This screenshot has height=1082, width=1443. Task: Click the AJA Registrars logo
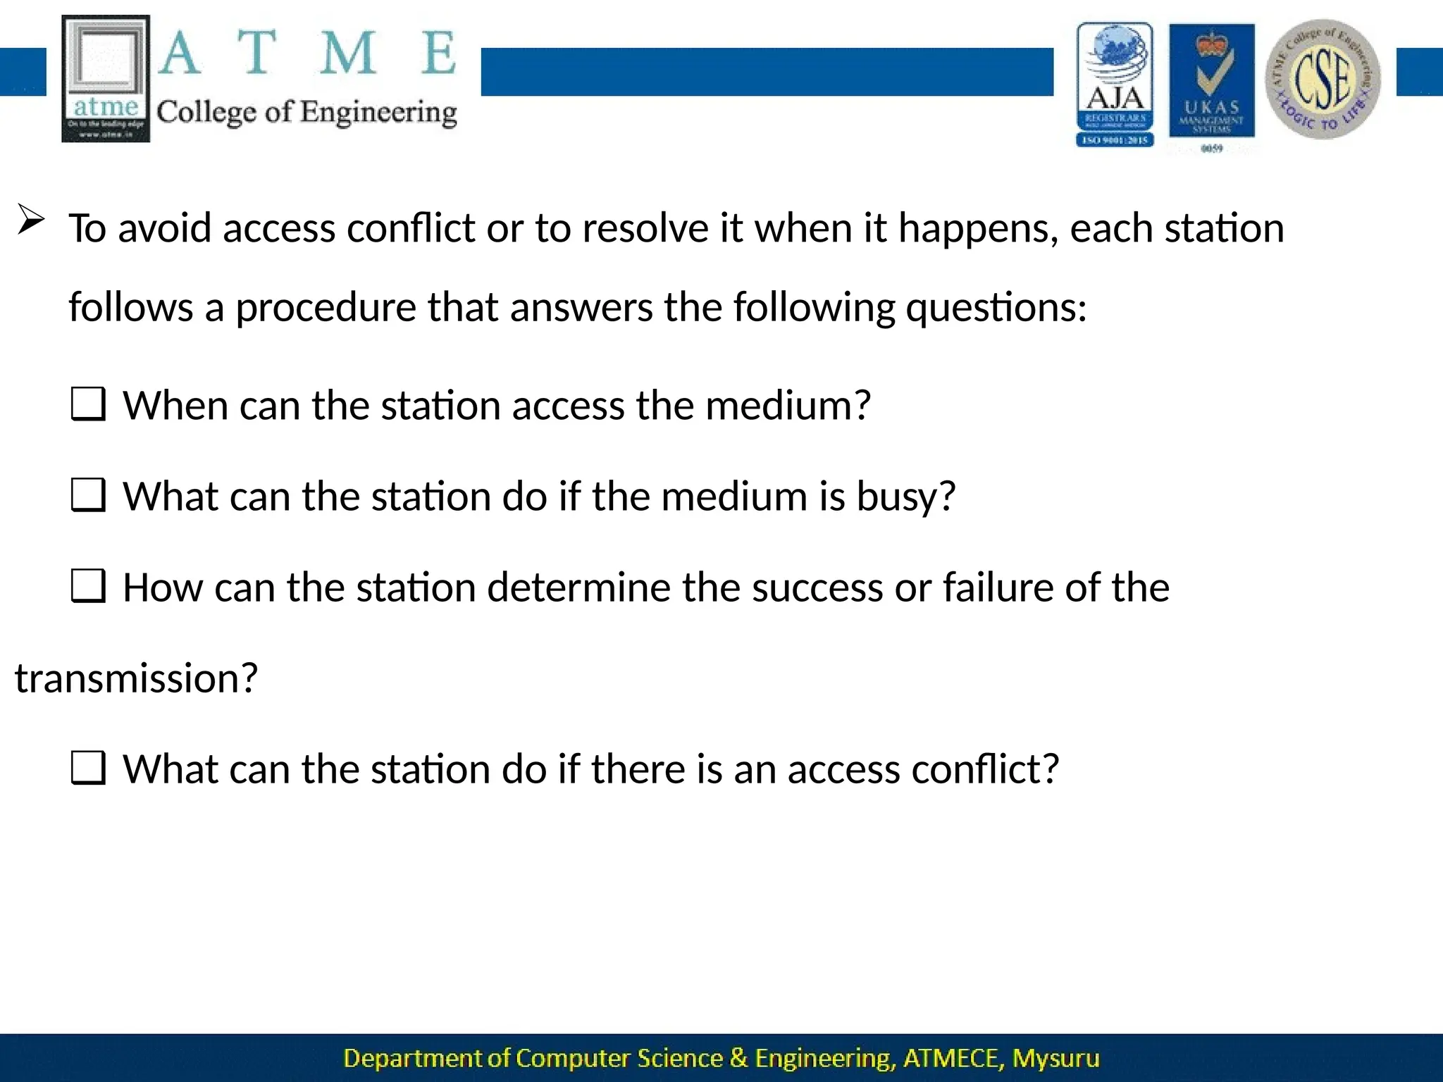point(1115,85)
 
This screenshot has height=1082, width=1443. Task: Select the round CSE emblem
point(1323,79)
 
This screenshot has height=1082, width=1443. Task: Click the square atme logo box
point(106,78)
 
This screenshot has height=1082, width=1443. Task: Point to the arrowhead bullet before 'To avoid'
point(31,220)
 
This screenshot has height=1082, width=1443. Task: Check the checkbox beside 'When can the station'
point(89,405)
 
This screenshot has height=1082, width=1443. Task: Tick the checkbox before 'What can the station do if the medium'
point(89,495)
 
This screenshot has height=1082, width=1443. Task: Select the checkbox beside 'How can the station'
point(89,586)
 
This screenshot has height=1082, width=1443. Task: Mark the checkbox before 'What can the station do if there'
point(89,768)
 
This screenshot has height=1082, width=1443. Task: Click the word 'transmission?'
point(136,678)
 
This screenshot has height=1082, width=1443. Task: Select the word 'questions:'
point(996,309)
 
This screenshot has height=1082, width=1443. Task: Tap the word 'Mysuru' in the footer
point(1055,1058)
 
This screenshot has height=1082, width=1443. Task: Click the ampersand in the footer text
point(738,1058)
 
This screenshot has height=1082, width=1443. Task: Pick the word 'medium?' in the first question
point(788,406)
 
